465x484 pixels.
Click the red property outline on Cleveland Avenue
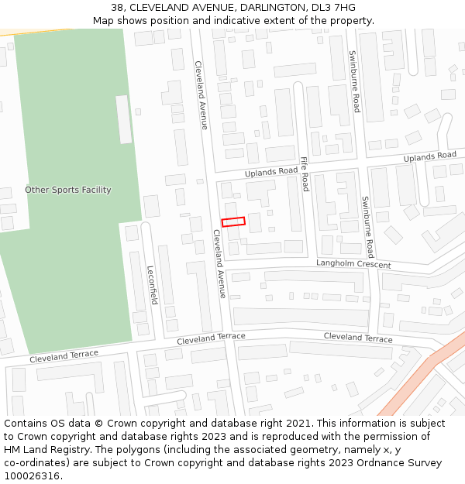tap(233, 221)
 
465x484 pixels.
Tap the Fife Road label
tap(305, 174)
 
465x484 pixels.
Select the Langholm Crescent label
tap(353, 264)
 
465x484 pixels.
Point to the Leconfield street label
tap(152, 285)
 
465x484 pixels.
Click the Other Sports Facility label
tap(68, 190)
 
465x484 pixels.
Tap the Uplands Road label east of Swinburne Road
tap(429, 157)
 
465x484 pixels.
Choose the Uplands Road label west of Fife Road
tap(271, 171)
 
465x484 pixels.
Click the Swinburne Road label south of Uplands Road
tap(367, 227)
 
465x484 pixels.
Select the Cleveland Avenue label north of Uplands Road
tap(201, 94)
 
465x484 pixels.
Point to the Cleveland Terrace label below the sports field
tap(64, 357)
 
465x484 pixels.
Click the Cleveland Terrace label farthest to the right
tap(358, 338)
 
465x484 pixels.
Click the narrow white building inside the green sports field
tap(123, 119)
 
